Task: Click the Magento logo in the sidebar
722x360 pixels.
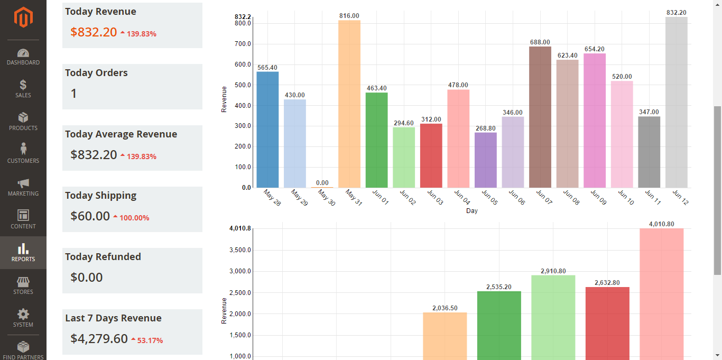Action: pyautogui.click(x=23, y=17)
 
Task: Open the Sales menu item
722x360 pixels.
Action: pyautogui.click(x=23, y=88)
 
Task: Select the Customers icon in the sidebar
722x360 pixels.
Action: pyautogui.click(x=23, y=149)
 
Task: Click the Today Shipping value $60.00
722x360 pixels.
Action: pyautogui.click(x=90, y=216)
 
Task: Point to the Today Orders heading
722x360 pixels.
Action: pyautogui.click(x=96, y=73)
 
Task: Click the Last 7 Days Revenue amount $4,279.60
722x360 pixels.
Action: pyautogui.click(x=99, y=339)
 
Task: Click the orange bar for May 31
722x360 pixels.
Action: pyautogui.click(x=349, y=104)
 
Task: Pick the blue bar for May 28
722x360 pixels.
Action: pyautogui.click(x=267, y=130)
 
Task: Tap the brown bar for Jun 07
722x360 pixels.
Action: pyautogui.click(x=540, y=117)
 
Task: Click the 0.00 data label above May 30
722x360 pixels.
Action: pyautogui.click(x=322, y=183)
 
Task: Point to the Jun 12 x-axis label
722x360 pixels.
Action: pyautogui.click(x=680, y=198)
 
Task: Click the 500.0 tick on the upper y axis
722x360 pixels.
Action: pyautogui.click(x=243, y=85)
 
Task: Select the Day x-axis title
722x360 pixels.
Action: pyautogui.click(x=472, y=211)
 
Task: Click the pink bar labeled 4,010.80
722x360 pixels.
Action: pyautogui.click(x=661, y=293)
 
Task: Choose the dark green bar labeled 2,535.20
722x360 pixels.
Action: pyautogui.click(x=499, y=325)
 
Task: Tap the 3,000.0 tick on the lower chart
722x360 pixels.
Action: pyautogui.click(x=240, y=271)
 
